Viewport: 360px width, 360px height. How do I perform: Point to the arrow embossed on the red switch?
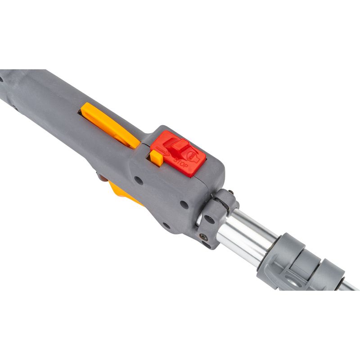click(163, 150)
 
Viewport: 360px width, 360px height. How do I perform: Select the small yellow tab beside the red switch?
click(156, 158)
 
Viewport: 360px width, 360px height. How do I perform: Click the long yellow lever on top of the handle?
click(110, 125)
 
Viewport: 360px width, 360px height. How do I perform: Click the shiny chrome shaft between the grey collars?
click(247, 238)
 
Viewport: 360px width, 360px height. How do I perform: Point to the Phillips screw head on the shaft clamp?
click(203, 237)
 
